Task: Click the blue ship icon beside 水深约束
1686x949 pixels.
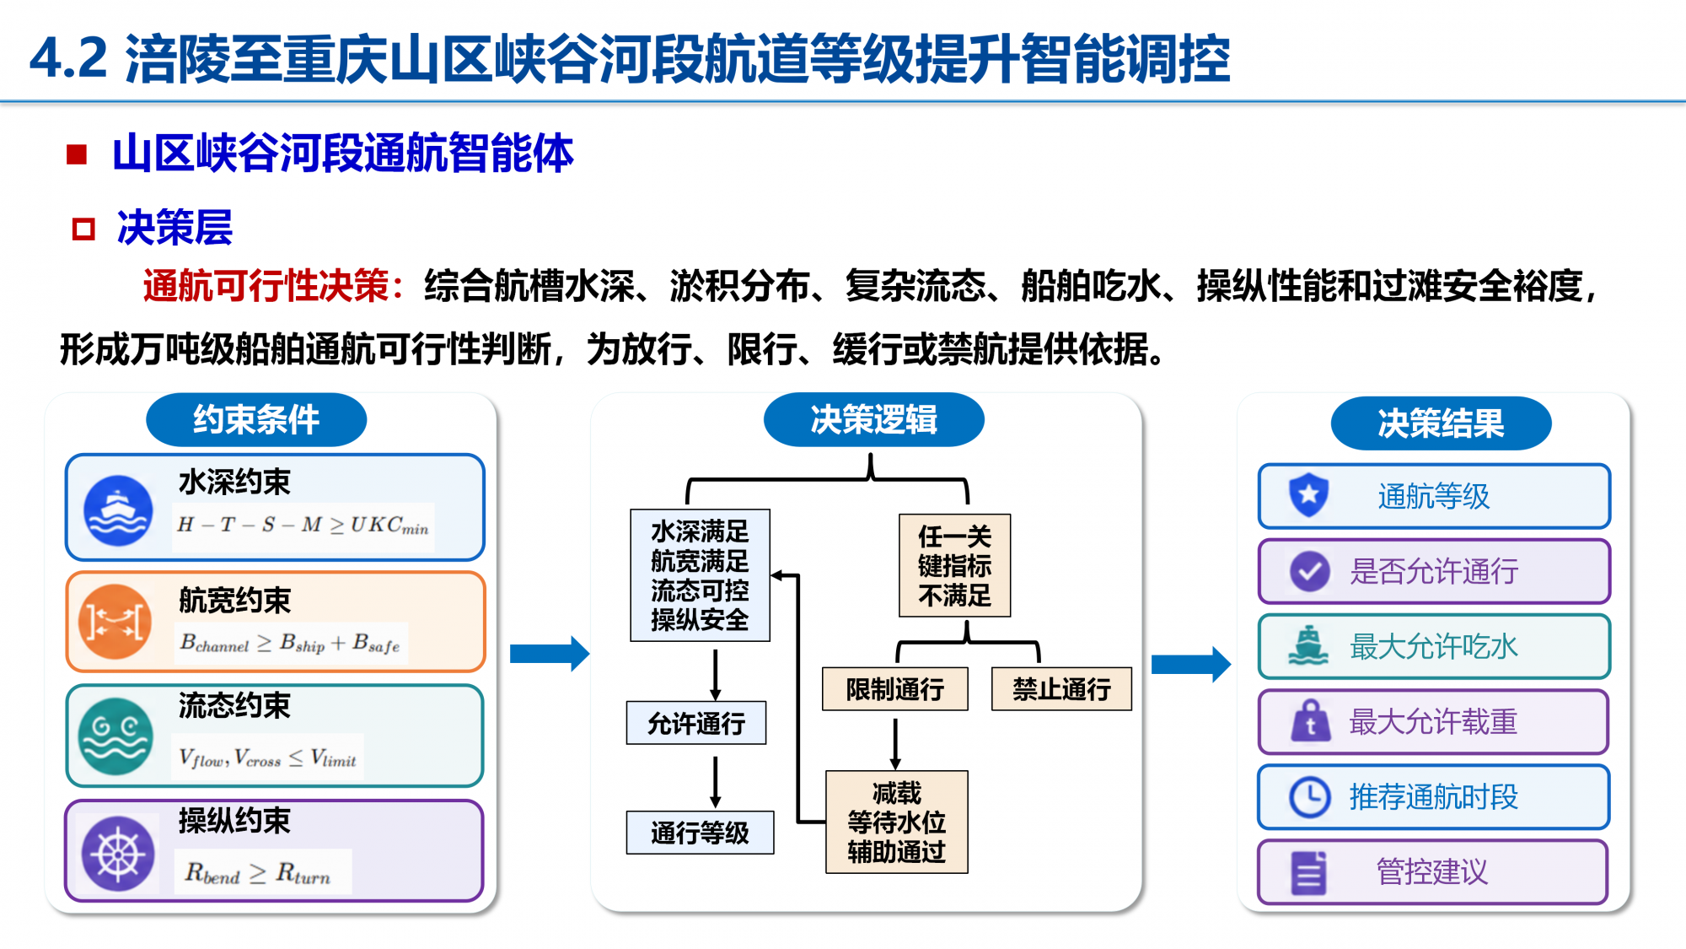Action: click(x=118, y=510)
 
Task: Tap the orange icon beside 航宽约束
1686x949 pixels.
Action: click(x=115, y=622)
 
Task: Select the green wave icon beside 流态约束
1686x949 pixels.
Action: click(x=115, y=736)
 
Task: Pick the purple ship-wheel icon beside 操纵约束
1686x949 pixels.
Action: click(x=118, y=854)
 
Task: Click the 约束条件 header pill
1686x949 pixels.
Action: click(x=256, y=419)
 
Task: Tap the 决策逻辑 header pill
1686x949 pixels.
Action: click(x=874, y=419)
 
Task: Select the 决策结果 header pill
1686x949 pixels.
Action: click(x=1441, y=423)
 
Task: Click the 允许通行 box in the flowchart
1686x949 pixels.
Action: click(x=696, y=723)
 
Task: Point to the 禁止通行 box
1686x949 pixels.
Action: click(x=1061, y=689)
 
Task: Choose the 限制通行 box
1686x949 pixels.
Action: click(x=895, y=689)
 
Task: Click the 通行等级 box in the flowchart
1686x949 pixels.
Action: click(x=700, y=833)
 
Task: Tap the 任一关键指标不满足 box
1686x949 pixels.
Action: click(x=955, y=565)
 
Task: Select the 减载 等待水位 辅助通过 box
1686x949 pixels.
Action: click(x=897, y=822)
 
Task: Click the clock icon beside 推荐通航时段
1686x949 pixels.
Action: click(x=1309, y=796)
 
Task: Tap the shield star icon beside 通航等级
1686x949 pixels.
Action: click(x=1308, y=495)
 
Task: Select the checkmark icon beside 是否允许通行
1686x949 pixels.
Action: click(x=1309, y=571)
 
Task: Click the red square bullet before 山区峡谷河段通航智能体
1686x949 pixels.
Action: click(x=77, y=154)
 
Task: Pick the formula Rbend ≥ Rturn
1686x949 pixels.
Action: click(x=258, y=873)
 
